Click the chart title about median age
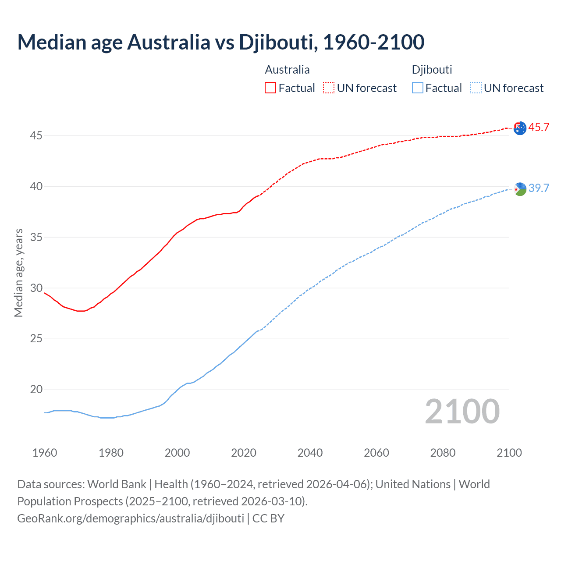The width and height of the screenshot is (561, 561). [221, 42]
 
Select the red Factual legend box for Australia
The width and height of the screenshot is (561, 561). [270, 88]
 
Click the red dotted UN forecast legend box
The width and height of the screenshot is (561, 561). [329, 88]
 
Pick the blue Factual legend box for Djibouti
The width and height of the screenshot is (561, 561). [417, 88]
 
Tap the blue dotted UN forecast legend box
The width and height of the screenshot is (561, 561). [476, 88]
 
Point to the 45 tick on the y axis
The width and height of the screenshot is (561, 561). [36, 136]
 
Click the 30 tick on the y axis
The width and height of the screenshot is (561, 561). [36, 288]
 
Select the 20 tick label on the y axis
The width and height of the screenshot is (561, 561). [36, 390]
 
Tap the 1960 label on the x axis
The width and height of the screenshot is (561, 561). [45, 453]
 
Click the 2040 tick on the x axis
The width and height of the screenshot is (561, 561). [310, 453]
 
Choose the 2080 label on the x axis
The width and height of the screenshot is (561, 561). [443, 453]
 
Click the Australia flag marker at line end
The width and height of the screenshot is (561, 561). [520, 128]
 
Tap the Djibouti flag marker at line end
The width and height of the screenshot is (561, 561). [520, 189]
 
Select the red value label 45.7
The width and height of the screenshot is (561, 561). [539, 128]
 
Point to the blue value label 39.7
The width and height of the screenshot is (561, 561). [539, 188]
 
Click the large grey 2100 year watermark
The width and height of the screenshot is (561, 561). [462, 412]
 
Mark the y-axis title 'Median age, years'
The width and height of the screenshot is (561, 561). [18, 273]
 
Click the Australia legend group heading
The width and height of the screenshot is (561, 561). [287, 70]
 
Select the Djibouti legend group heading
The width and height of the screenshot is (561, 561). [432, 70]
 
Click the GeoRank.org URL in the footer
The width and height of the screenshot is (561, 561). [131, 518]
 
